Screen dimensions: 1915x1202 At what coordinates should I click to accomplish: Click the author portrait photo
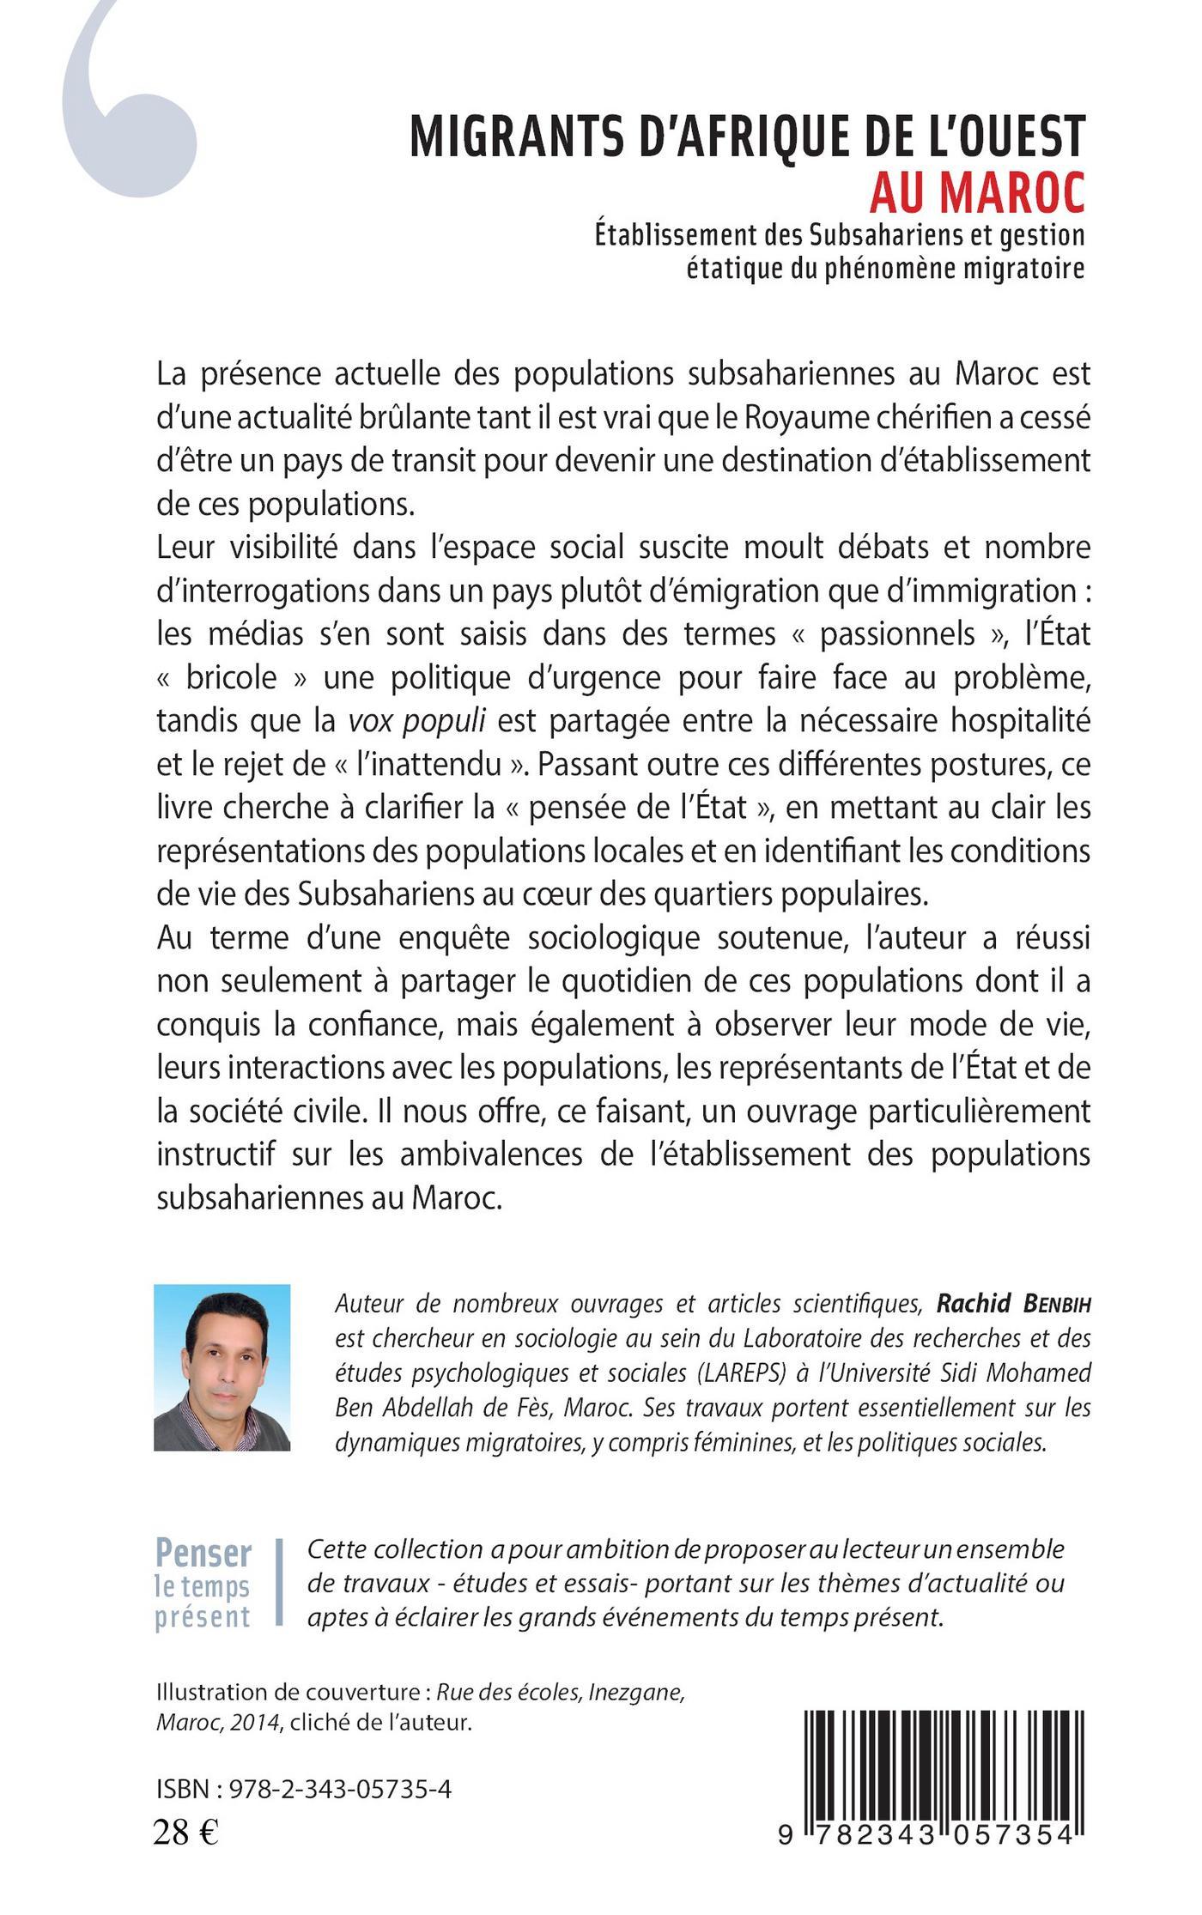[x=222, y=1367]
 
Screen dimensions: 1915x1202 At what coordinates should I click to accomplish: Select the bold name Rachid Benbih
[x=1013, y=1304]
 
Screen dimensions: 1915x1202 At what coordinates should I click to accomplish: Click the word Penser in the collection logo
[x=203, y=1554]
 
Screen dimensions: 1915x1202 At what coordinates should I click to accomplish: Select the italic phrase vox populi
[x=417, y=720]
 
